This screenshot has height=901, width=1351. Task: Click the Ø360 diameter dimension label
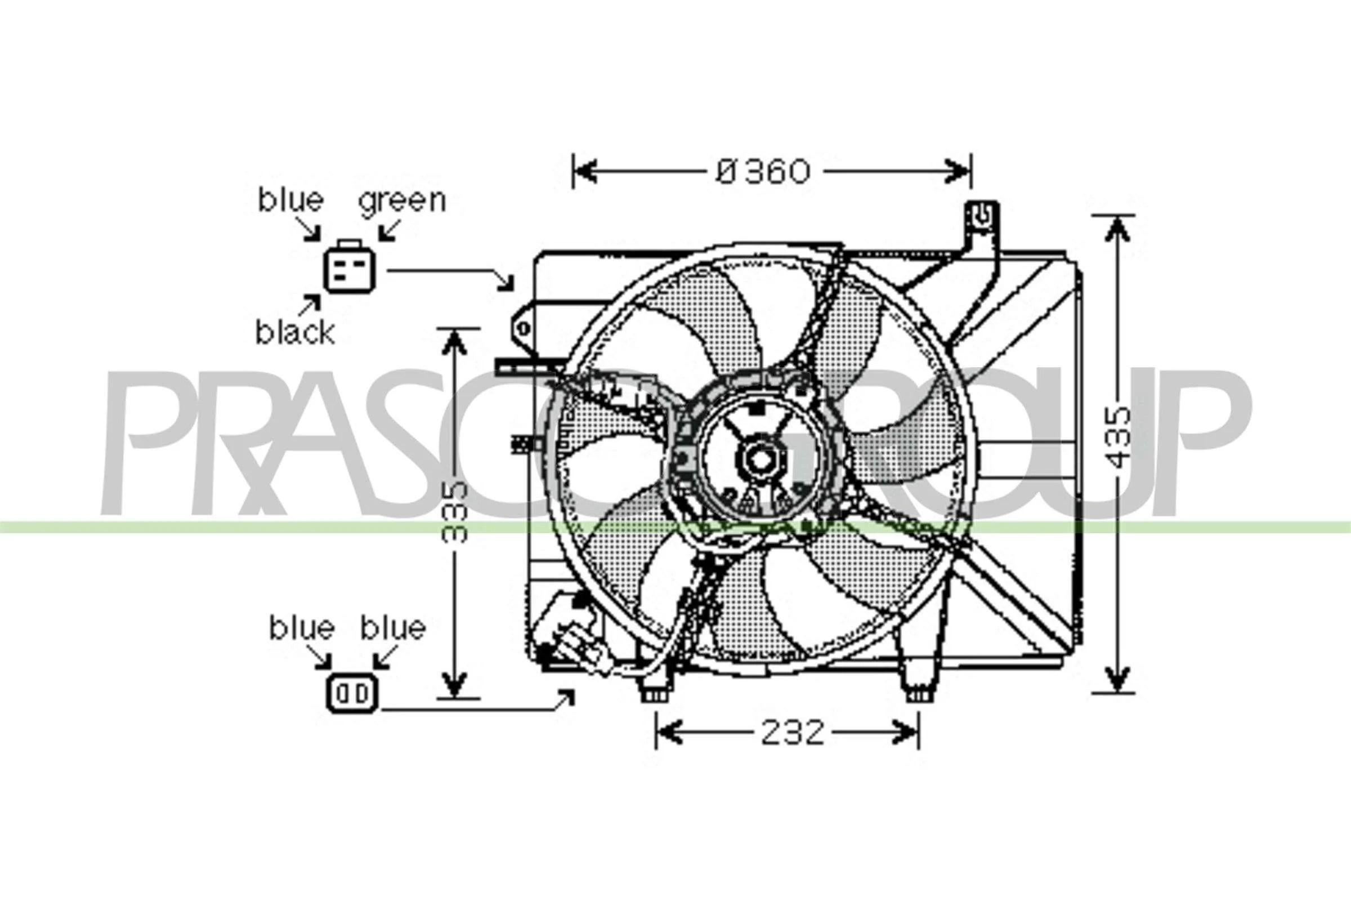pyautogui.click(x=763, y=171)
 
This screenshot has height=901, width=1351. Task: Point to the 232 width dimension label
pyautogui.click(x=792, y=733)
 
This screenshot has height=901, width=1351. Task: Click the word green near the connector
pyautogui.click(x=402, y=201)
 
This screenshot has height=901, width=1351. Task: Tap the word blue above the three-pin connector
pyautogui.click(x=290, y=199)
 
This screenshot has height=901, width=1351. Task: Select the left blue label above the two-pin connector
pyautogui.click(x=302, y=627)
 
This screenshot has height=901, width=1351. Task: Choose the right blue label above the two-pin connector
pyautogui.click(x=393, y=627)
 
